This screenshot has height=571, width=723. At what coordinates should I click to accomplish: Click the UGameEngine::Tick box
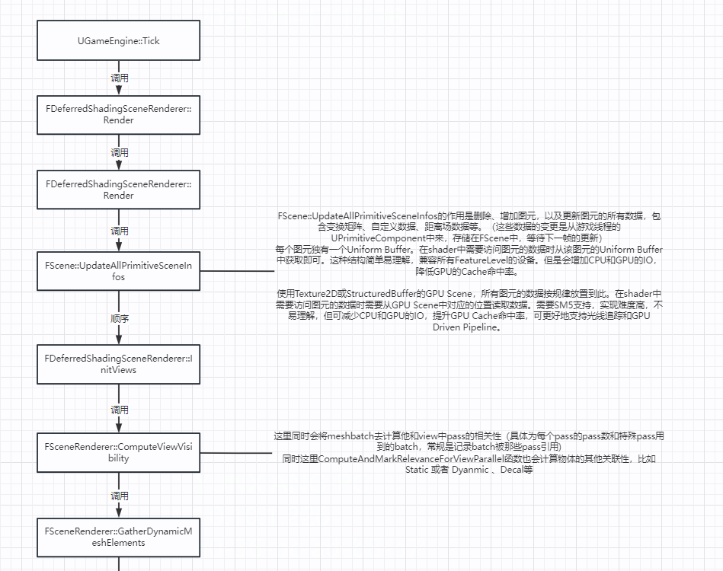pyautogui.click(x=119, y=41)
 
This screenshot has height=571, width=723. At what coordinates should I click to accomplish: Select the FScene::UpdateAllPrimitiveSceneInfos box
pyautogui.click(x=119, y=271)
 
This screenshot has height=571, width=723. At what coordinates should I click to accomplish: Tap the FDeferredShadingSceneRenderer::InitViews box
pyautogui.click(x=119, y=363)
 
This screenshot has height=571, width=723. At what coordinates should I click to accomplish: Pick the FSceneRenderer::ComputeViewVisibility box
pyautogui.click(x=119, y=453)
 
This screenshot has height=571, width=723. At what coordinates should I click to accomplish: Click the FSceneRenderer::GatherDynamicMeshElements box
pyautogui.click(x=119, y=536)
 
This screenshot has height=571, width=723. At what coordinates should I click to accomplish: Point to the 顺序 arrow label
pyautogui.click(x=120, y=318)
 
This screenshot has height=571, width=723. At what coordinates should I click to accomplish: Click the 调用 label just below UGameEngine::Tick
pyautogui.click(x=120, y=78)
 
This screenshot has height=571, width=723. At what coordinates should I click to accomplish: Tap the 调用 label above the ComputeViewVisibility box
pyautogui.click(x=120, y=410)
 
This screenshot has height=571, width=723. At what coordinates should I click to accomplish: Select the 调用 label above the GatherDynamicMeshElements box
pyautogui.click(x=120, y=496)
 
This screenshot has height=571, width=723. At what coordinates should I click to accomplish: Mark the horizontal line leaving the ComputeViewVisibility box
pyautogui.click(x=236, y=452)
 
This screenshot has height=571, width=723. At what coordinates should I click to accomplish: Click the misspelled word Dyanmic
pyautogui.click(x=471, y=470)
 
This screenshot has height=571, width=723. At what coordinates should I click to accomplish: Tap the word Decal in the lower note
pyautogui.click(x=514, y=470)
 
